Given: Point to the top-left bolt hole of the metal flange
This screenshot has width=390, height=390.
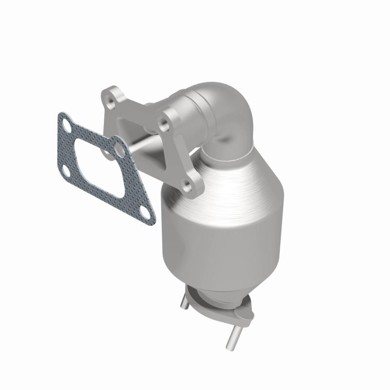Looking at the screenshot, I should tap(111, 97).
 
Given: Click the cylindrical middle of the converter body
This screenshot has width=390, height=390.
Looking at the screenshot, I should tap(222, 229).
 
